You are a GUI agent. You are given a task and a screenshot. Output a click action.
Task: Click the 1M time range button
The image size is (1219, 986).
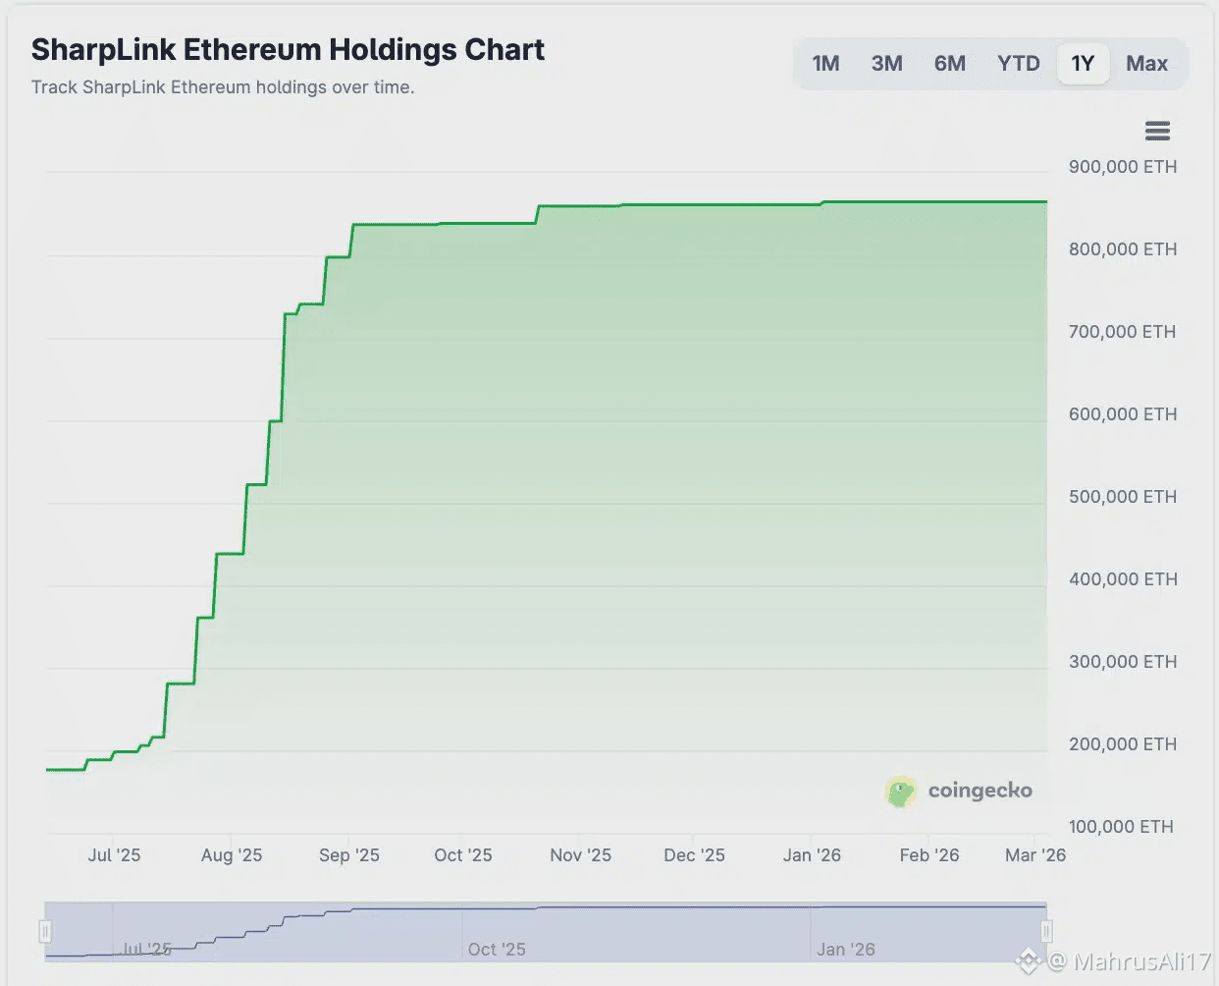pyautogui.click(x=825, y=64)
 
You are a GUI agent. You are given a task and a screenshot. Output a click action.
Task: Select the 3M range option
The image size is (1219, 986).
pyautogui.click(x=886, y=64)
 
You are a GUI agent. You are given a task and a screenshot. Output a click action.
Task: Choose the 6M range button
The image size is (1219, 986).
pyautogui.click(x=949, y=64)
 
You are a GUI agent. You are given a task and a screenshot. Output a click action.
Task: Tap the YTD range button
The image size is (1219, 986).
pyautogui.click(x=1018, y=64)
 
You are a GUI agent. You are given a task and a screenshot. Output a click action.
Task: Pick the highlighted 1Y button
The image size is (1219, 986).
pyautogui.click(x=1083, y=64)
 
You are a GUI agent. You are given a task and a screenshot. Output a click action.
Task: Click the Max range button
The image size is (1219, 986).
pyautogui.click(x=1146, y=64)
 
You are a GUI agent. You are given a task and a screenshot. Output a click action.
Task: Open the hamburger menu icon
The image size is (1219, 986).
pyautogui.click(x=1157, y=131)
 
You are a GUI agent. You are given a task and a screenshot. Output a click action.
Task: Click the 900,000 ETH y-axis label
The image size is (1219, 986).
pyautogui.click(x=1122, y=167)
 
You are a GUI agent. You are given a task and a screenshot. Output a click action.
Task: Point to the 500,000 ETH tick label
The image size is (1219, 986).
pyautogui.click(x=1122, y=497)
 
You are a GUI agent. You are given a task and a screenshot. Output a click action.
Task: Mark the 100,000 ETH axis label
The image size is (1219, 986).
pyautogui.click(x=1121, y=827)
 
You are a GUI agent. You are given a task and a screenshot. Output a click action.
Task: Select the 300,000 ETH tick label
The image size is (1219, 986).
pyautogui.click(x=1122, y=662)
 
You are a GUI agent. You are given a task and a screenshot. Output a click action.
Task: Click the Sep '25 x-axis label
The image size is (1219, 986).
pyautogui.click(x=348, y=855)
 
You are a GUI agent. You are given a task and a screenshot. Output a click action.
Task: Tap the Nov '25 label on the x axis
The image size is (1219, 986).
pyautogui.click(x=580, y=855)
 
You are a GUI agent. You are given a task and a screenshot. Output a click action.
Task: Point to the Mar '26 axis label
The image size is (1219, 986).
pyautogui.click(x=1034, y=855)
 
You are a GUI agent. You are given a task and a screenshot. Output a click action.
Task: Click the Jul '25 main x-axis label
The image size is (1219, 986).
pyautogui.click(x=114, y=855)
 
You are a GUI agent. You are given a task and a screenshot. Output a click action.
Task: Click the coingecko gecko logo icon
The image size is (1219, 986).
pyautogui.click(x=900, y=792)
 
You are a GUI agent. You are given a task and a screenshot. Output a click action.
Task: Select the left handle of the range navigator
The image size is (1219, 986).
pyautogui.click(x=45, y=931)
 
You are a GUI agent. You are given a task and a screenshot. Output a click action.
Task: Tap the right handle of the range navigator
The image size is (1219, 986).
pyautogui.click(x=1046, y=931)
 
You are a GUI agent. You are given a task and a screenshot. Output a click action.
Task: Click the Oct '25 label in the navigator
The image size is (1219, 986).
pyautogui.click(x=497, y=950)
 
